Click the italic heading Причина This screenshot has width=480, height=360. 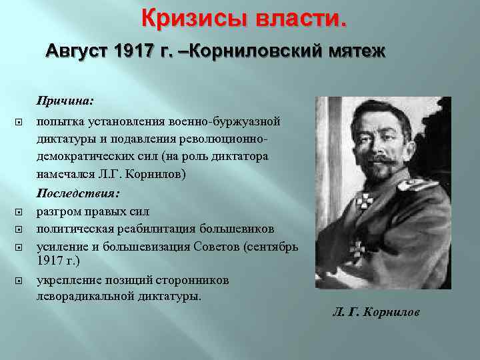click(65, 101)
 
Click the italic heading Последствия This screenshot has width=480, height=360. click(78, 193)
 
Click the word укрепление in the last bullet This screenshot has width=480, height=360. click(67, 281)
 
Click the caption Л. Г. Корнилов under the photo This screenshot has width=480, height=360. click(376, 311)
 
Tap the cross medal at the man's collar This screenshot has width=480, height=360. click(366, 199)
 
